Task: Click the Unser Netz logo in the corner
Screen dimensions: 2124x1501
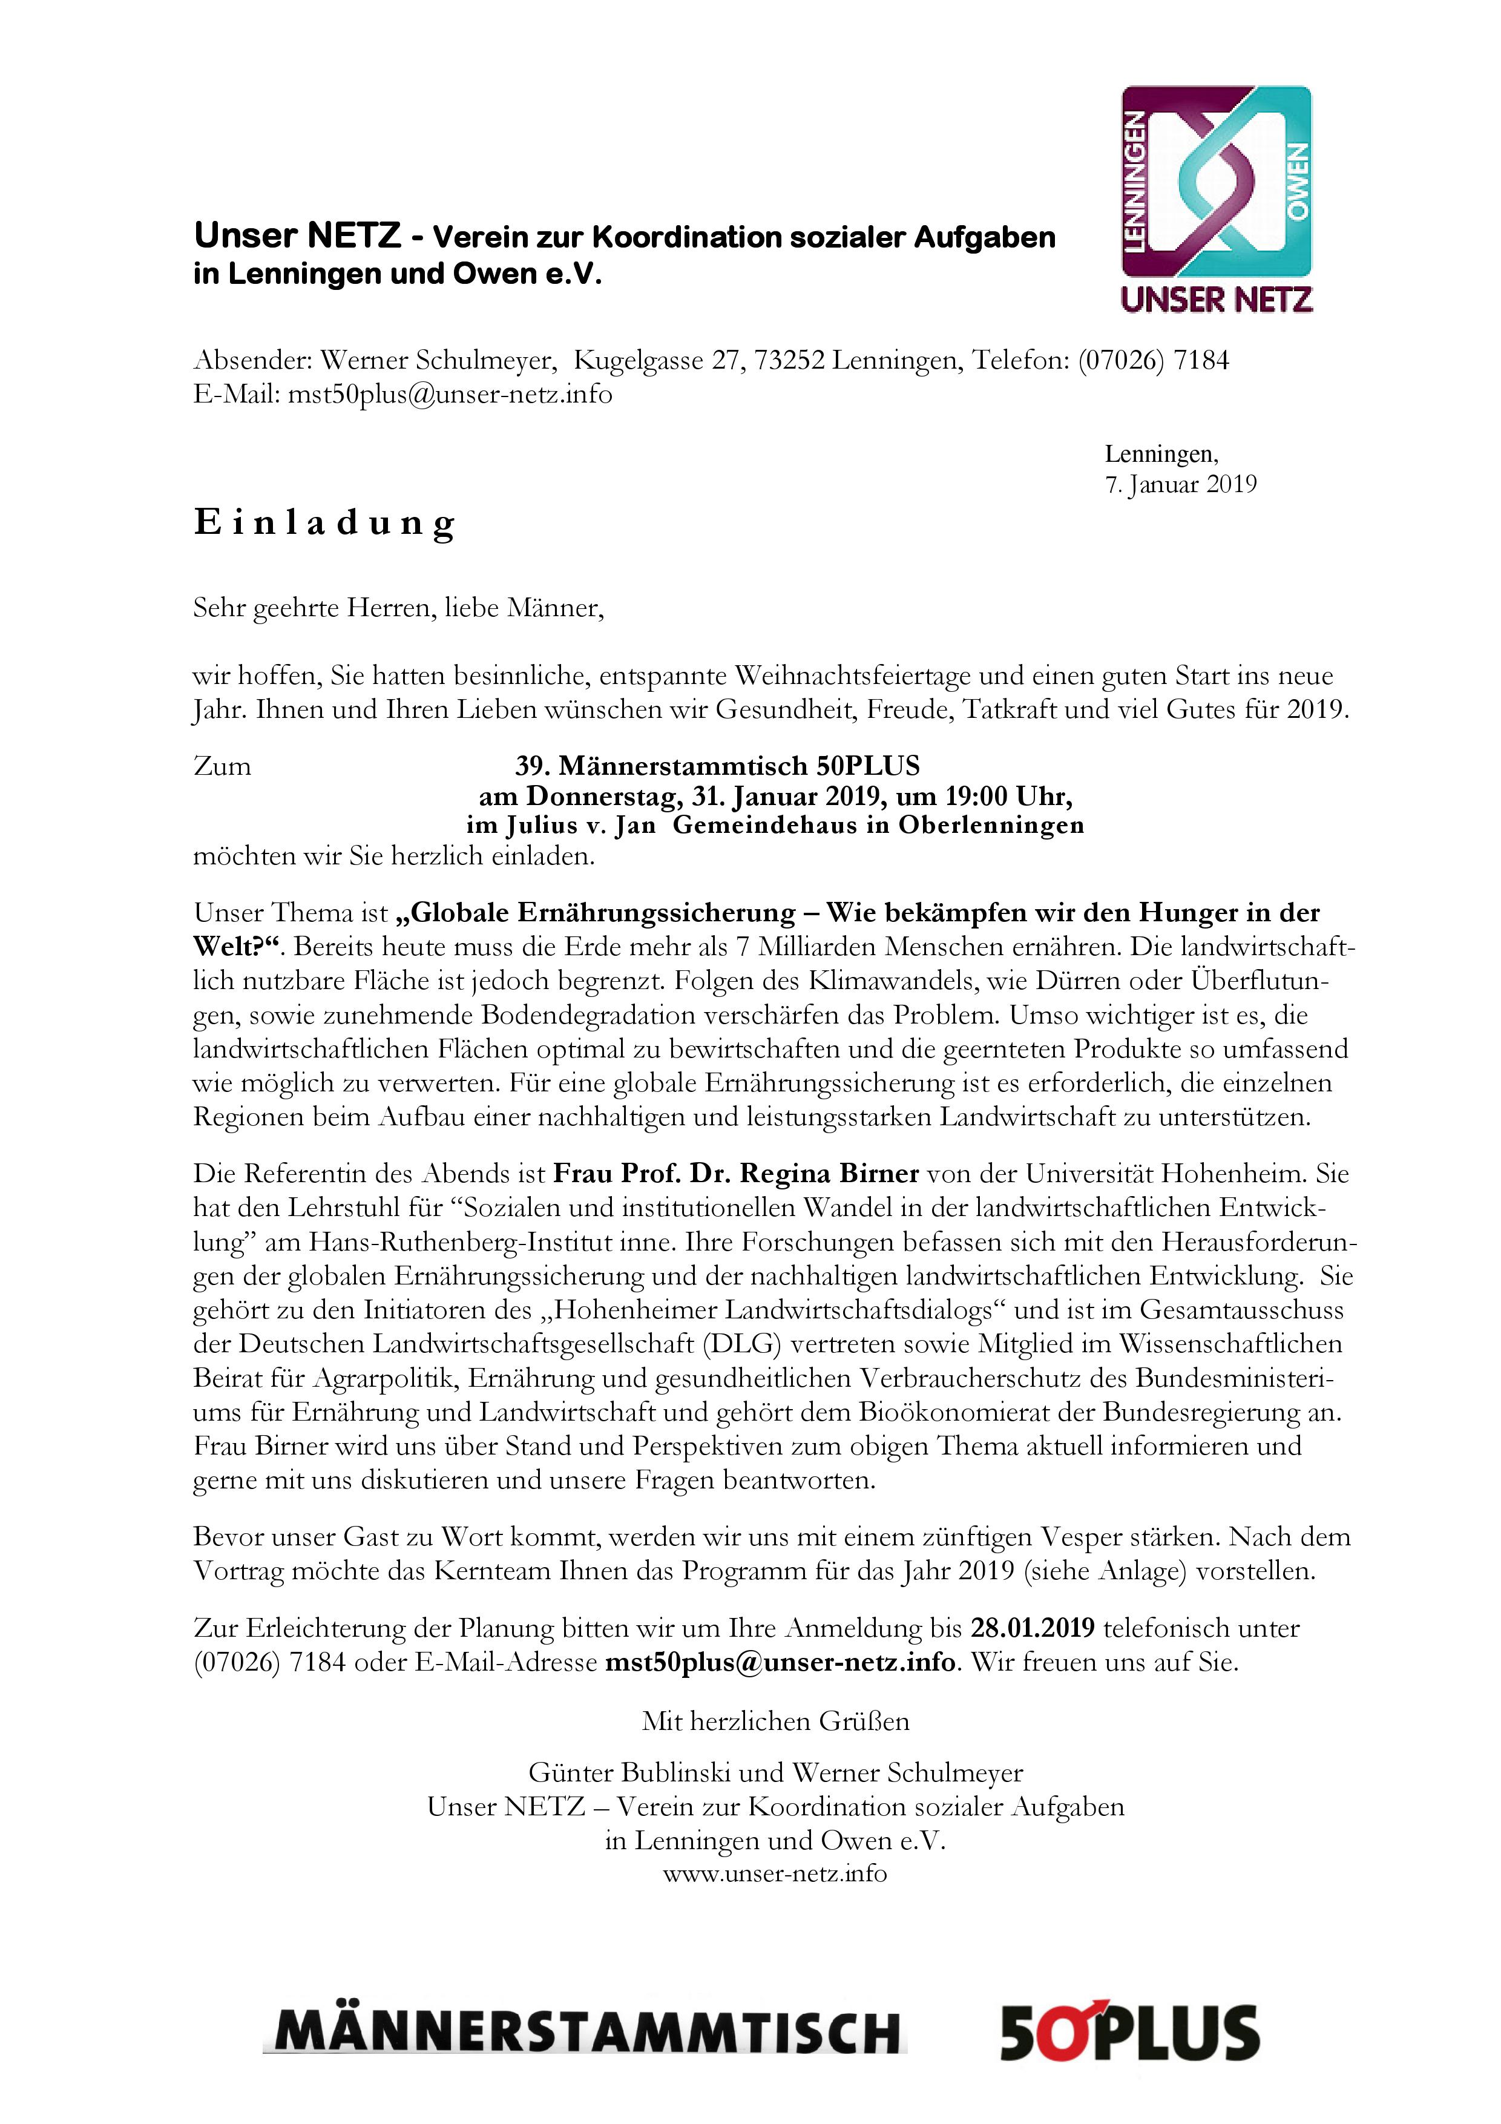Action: (x=1216, y=199)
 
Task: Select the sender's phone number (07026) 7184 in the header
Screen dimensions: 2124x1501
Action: (x=1153, y=360)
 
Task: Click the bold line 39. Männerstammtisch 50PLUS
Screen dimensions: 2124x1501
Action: (x=718, y=766)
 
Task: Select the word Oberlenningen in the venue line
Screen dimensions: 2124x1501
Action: (x=991, y=825)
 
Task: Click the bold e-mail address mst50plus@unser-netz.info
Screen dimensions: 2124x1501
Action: (x=780, y=1662)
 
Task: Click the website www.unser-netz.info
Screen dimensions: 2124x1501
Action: (x=775, y=1874)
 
